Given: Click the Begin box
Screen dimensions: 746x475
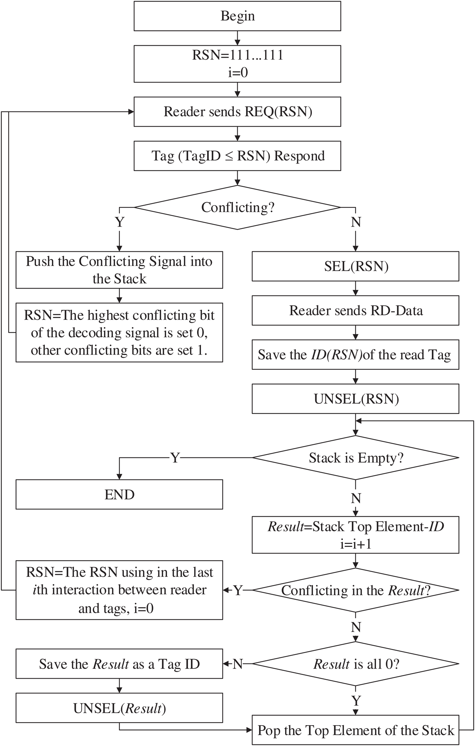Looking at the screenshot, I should point(237,16).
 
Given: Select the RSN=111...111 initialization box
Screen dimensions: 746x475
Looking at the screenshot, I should point(237,63).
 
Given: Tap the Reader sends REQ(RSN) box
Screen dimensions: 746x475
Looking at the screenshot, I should point(237,112).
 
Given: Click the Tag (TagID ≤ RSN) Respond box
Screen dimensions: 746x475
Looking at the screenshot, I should point(237,156).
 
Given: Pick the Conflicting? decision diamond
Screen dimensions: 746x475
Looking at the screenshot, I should point(237,207).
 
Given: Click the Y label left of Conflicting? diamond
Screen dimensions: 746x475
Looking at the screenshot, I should point(119,222).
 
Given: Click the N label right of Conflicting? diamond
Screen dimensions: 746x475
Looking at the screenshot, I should point(356,222).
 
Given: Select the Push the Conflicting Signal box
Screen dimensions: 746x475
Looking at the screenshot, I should point(119,270).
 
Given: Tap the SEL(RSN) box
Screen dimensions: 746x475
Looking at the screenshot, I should point(356,267).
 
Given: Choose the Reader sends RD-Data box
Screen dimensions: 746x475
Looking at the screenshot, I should point(356,310).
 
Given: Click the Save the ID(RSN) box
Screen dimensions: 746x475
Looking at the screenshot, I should point(356,355).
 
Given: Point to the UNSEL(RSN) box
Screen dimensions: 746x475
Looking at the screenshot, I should point(356,399).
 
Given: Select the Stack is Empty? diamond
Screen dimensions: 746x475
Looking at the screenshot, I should point(356,458).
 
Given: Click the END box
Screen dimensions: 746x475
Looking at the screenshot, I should point(119,494).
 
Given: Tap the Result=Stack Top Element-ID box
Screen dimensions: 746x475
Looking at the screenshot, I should point(356,535).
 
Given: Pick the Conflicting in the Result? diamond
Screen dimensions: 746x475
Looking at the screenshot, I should point(356,590).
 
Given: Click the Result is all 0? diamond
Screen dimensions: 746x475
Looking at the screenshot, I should point(356,664).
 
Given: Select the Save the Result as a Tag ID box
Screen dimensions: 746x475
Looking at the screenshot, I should point(119,664).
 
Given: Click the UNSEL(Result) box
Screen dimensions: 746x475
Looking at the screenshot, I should point(119,708).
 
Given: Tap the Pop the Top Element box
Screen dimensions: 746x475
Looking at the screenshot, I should point(356,730).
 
